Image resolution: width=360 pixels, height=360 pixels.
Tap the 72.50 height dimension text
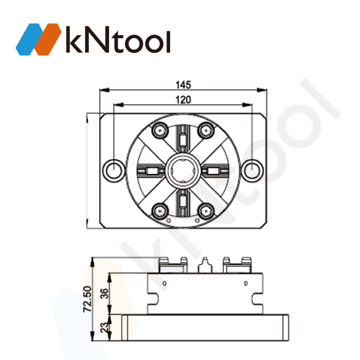click(87, 299)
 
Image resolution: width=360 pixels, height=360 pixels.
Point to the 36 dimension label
click(104, 293)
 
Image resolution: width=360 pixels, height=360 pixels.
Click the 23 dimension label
click(104, 328)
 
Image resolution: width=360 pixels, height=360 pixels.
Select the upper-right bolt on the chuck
click(206, 130)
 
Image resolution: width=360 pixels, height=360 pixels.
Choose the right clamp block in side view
click(237, 264)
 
